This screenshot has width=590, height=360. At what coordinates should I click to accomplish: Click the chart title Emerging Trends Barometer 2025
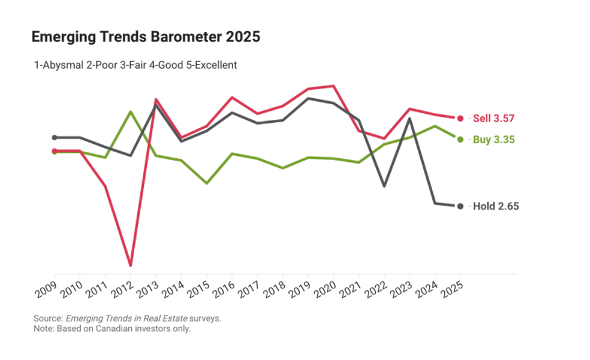tap(146, 37)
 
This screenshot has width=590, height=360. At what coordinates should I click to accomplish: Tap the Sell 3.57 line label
tap(494, 118)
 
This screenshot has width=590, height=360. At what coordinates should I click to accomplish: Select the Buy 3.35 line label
tap(494, 139)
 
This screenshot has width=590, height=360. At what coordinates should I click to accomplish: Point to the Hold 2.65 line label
tap(495, 206)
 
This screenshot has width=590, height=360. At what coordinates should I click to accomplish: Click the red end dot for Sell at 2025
tap(461, 118)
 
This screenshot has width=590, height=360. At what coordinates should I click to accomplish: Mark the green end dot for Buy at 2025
tap(461, 139)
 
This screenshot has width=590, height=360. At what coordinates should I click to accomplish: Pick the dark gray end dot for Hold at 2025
tap(461, 206)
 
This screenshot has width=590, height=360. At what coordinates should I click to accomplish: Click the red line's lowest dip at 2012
tap(131, 265)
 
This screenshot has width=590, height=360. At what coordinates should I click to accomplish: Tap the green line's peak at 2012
tap(131, 111)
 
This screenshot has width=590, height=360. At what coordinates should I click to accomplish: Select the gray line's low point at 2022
tap(384, 186)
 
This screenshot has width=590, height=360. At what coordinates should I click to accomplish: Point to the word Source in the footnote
tap(48, 318)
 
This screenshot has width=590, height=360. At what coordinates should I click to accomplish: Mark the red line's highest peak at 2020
tap(334, 86)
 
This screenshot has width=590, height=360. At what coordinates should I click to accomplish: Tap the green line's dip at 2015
tap(206, 183)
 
